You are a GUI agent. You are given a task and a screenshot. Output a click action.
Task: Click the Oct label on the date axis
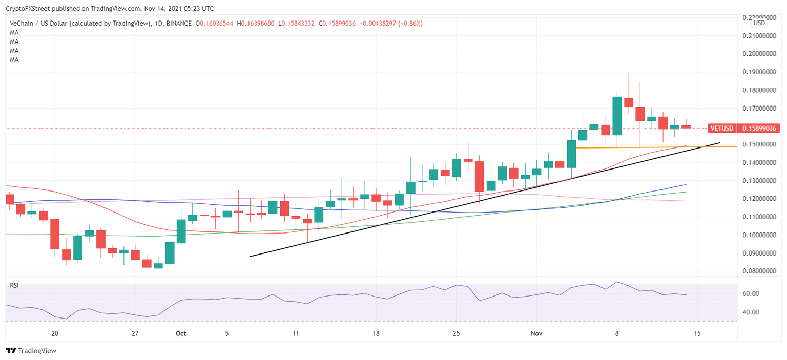tap(181, 333)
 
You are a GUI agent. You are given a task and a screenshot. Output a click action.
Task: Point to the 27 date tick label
tap(135, 333)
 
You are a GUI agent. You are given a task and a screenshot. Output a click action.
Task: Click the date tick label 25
tap(457, 333)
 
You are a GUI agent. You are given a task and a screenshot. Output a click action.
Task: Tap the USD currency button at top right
tap(759, 23)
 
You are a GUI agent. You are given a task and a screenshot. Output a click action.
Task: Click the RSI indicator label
tap(14, 285)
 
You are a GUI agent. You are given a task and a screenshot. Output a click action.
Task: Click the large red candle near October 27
tap(480, 176)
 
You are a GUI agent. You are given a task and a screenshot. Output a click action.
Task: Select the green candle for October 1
tap(181, 231)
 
